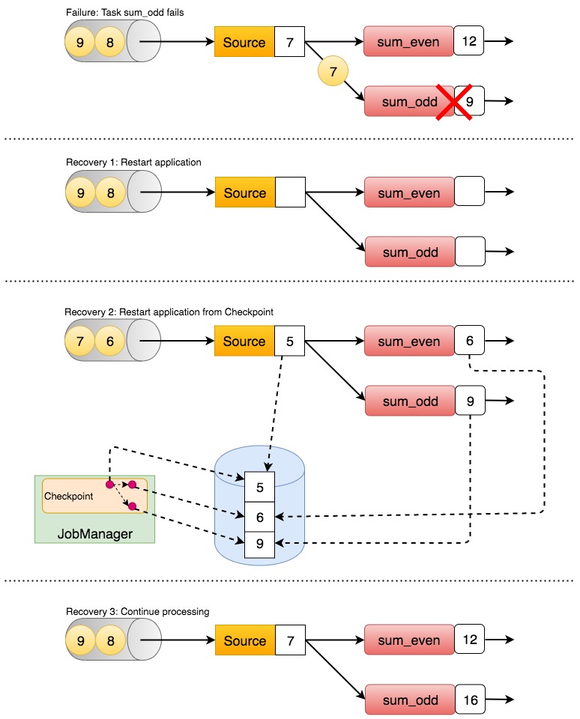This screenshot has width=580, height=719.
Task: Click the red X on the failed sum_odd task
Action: click(454, 101)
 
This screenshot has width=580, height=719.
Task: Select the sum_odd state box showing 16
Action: click(470, 700)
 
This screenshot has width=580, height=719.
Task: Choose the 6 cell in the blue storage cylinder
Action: click(260, 516)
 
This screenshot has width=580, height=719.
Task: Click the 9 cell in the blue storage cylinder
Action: click(260, 544)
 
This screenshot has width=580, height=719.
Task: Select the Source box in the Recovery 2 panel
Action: click(244, 342)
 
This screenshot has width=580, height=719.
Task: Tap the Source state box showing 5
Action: click(289, 342)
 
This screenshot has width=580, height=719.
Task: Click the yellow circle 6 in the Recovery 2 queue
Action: click(110, 342)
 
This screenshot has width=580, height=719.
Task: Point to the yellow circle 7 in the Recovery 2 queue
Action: click(80, 342)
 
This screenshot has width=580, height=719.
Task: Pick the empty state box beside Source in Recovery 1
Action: click(289, 192)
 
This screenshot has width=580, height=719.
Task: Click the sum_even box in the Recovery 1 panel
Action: click(408, 192)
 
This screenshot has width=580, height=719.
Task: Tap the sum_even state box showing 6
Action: click(470, 342)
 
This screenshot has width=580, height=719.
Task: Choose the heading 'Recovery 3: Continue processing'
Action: click(136, 611)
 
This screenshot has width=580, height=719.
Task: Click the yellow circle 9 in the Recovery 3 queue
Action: click(80, 641)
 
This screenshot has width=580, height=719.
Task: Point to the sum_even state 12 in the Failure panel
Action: click(470, 42)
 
